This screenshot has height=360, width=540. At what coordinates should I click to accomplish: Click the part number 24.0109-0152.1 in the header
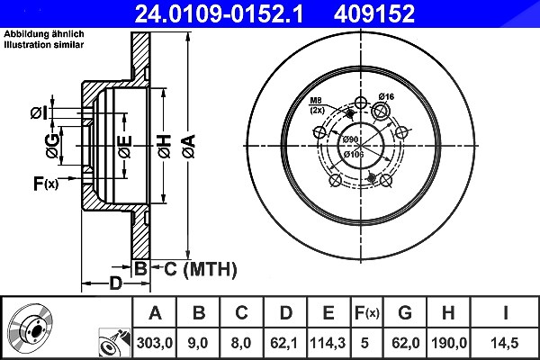click(x=219, y=13)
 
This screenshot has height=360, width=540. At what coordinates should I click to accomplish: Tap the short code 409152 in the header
click(x=374, y=13)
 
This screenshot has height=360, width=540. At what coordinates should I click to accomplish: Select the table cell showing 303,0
click(x=155, y=343)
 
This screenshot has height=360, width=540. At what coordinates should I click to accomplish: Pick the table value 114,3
click(x=328, y=343)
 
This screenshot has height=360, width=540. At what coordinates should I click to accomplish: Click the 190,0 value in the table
click(x=449, y=343)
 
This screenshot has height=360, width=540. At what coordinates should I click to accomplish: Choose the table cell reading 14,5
click(x=505, y=343)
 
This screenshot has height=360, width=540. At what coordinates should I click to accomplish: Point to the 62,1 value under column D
click(x=284, y=343)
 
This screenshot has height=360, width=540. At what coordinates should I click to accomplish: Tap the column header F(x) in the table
click(x=367, y=313)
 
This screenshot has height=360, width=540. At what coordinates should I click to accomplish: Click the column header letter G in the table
click(x=405, y=313)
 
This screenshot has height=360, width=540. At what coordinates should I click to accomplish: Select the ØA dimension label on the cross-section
click(x=189, y=147)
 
